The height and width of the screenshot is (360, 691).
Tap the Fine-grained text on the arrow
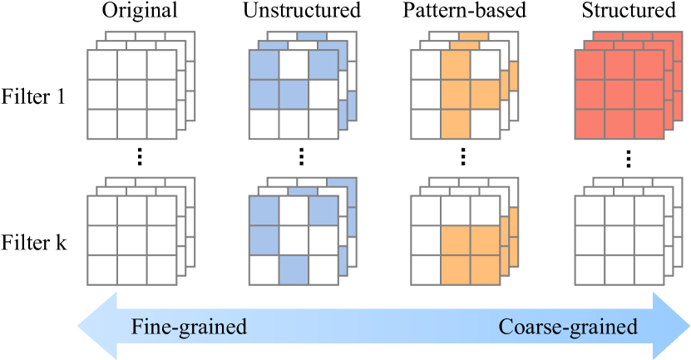(189, 327)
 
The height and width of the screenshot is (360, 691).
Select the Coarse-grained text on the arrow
(568, 327)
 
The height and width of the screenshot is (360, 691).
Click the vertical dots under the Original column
(140, 156)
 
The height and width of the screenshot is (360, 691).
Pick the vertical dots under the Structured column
(629, 156)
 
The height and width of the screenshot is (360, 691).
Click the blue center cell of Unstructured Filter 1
(294, 94)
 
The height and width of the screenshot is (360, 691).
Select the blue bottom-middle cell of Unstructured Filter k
(294, 270)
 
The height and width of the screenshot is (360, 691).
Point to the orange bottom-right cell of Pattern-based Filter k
(485, 270)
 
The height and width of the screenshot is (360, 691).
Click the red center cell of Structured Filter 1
(619, 94)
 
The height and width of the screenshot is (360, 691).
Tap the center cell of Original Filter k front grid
(131, 240)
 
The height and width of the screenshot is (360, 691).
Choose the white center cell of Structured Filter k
(619, 240)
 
